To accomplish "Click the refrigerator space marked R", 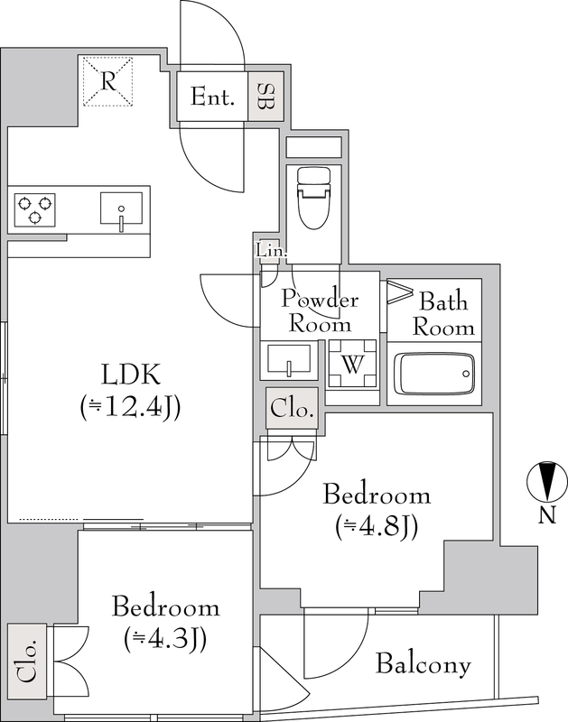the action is tap(107, 81).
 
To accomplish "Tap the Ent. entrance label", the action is tap(212, 97).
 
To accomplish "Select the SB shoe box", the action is tap(265, 97).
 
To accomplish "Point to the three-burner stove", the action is tap(34, 210).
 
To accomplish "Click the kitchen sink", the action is tap(121, 209).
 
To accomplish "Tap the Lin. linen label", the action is tap(271, 252).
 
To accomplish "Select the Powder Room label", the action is tap(320, 310).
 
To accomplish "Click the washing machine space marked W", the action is tap(352, 364).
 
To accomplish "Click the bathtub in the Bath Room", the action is tap(435, 373).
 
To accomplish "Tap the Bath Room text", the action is tap(443, 314).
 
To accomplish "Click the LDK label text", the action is tap(131, 375).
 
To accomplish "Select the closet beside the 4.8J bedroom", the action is tap(292, 409).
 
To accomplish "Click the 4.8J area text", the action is tap(377, 527).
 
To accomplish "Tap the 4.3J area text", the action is tap(165, 639).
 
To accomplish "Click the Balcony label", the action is tap(424, 665).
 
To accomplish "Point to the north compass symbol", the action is tap(547, 481).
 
